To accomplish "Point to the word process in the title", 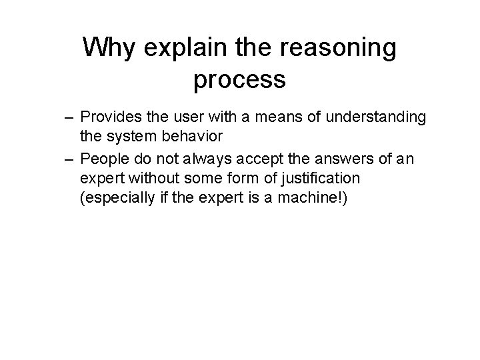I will point(239,79).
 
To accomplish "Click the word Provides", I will point(108,118).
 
